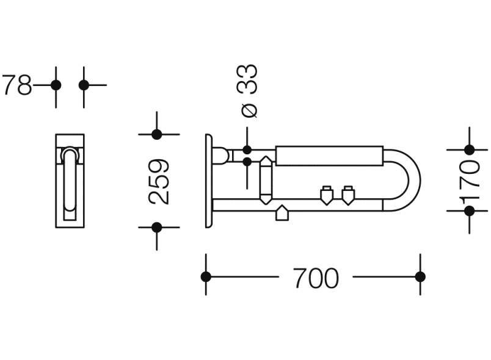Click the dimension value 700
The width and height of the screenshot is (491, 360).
316,278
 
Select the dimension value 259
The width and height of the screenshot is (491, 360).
159,181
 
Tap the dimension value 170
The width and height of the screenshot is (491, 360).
470,181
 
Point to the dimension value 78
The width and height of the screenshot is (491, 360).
17,85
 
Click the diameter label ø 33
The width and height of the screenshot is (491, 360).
247,91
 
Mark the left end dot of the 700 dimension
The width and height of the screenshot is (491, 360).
206,277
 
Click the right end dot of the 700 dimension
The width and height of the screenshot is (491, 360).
420,277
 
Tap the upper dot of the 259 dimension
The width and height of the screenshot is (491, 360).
156,134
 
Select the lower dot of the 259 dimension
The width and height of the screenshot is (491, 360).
156,228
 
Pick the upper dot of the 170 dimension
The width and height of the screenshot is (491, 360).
470,150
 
